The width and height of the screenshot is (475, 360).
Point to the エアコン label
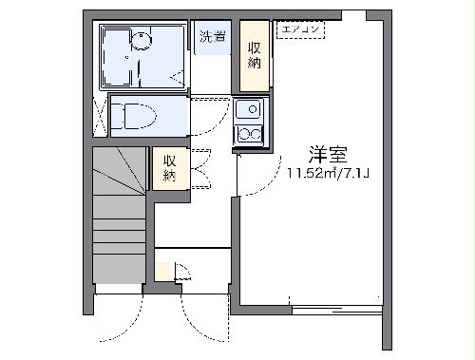pyautogui.click(x=301, y=30)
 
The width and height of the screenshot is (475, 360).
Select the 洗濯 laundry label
pyautogui.click(x=213, y=38)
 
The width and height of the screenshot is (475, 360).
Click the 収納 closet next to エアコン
pyautogui.click(x=255, y=55)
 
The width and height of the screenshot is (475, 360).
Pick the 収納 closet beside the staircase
pyautogui.click(x=169, y=167)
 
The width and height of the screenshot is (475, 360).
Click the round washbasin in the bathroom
pyautogui.click(x=142, y=40)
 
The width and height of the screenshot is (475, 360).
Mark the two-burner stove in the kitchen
pyautogui.click(x=250, y=132)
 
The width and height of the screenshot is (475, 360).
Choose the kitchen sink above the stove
pyautogui.click(x=251, y=108)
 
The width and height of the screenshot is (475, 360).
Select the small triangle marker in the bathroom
pyautogui.click(x=175, y=74)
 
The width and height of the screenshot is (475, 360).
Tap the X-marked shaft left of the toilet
pyautogui.click(x=99, y=116)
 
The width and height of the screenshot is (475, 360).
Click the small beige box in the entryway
pyautogui.click(x=164, y=271)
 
